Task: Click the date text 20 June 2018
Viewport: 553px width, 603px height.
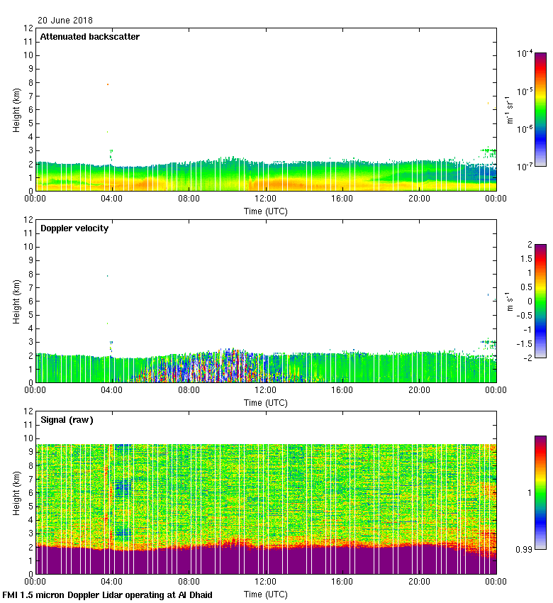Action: (x=65, y=21)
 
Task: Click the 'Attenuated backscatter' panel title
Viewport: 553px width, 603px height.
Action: (x=89, y=37)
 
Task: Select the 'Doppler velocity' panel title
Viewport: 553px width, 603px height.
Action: (x=74, y=228)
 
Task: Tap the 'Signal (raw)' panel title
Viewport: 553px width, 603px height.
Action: (x=67, y=420)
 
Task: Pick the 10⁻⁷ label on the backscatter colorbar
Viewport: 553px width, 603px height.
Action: (x=525, y=166)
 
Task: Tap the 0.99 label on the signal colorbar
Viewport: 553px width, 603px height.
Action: (x=525, y=548)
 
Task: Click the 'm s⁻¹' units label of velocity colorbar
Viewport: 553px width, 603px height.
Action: (x=509, y=301)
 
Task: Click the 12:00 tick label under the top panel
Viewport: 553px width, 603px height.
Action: (x=265, y=199)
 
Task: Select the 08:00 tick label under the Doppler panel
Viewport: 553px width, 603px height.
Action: (x=189, y=391)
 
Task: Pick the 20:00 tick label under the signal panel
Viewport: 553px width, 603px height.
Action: (x=419, y=582)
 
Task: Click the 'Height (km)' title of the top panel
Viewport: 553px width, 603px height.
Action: (x=16, y=109)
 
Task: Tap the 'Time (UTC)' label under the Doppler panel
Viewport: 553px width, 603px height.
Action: (x=266, y=402)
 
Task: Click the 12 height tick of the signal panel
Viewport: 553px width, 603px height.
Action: (x=28, y=411)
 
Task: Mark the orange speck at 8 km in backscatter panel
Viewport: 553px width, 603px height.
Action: (x=108, y=84)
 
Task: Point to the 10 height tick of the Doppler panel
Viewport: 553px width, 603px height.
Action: (x=28, y=247)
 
